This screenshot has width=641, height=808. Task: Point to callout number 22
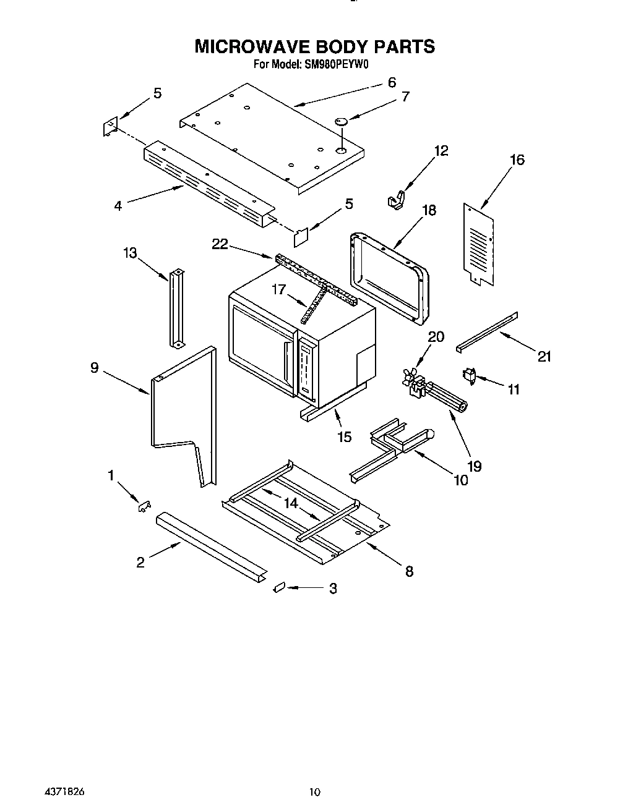pyautogui.click(x=220, y=245)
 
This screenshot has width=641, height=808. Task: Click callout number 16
pyautogui.click(x=517, y=160)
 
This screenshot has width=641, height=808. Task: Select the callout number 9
pyautogui.click(x=94, y=368)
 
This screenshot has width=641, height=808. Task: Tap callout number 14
pyautogui.click(x=291, y=503)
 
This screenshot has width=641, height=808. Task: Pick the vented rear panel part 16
pyautogui.click(x=480, y=245)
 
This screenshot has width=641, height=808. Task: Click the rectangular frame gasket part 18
pyautogui.click(x=389, y=276)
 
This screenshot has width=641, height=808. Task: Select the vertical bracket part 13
pyautogui.click(x=175, y=308)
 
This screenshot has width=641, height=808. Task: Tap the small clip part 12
pyautogui.click(x=395, y=199)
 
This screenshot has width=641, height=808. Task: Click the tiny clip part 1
pyautogui.click(x=145, y=506)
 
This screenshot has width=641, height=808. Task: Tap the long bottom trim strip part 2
pyautogui.click(x=210, y=542)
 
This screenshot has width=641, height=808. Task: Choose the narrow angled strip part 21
pyautogui.click(x=487, y=332)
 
